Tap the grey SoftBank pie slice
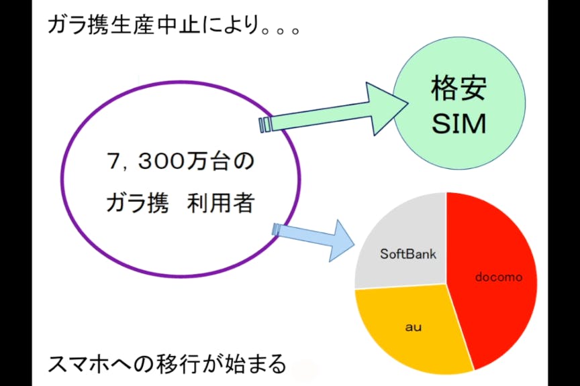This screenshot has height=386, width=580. pyautogui.click(x=403, y=244)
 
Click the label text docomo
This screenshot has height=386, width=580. pyautogui.click(x=499, y=277)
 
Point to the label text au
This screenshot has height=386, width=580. pyautogui.click(x=413, y=327)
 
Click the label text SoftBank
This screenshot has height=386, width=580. pyautogui.click(x=408, y=254)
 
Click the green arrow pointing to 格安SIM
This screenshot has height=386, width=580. pyautogui.click(x=334, y=110)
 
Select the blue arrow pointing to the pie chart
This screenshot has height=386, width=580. pyautogui.click(x=313, y=239)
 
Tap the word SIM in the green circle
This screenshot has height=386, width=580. pyautogui.click(x=458, y=124)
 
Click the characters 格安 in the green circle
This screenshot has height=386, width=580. pyautogui.click(x=458, y=88)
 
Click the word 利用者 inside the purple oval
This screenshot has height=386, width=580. pyautogui.click(x=221, y=203)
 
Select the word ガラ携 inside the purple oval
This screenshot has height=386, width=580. pyautogui.click(x=138, y=203)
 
